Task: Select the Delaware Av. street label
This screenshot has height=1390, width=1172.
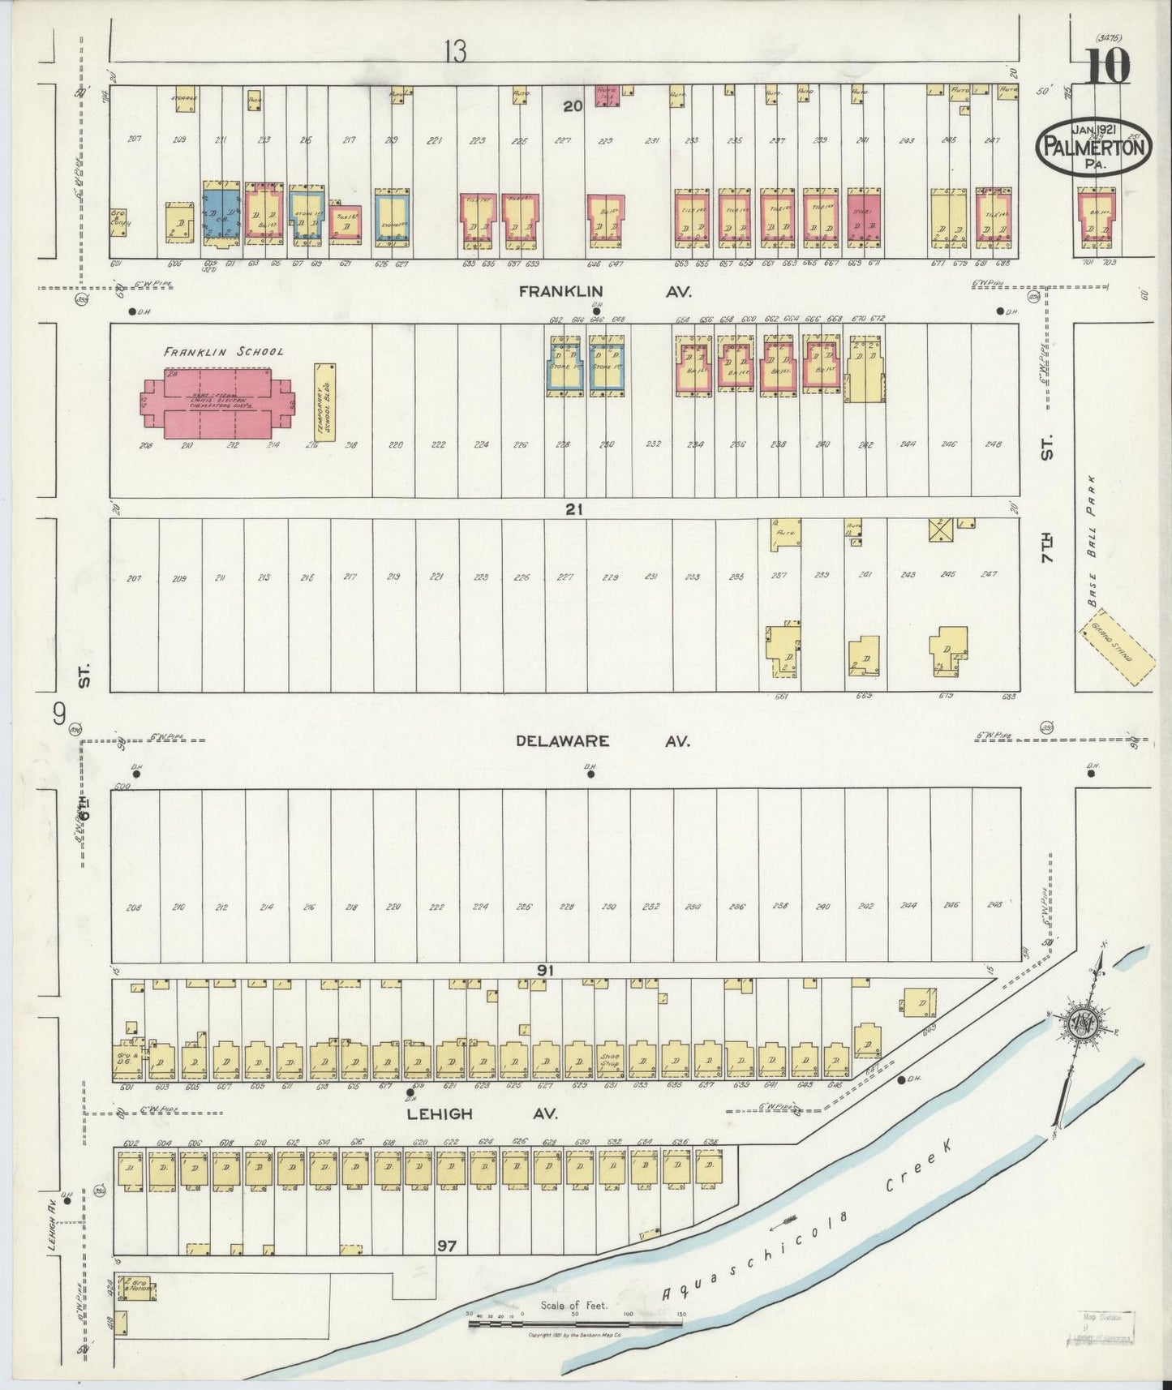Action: tap(604, 741)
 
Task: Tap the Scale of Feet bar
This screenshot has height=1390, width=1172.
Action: tap(574, 1324)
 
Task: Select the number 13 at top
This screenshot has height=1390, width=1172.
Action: tap(456, 52)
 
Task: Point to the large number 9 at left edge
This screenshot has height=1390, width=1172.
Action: tap(58, 714)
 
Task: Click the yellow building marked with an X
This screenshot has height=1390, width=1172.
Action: tap(940, 530)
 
